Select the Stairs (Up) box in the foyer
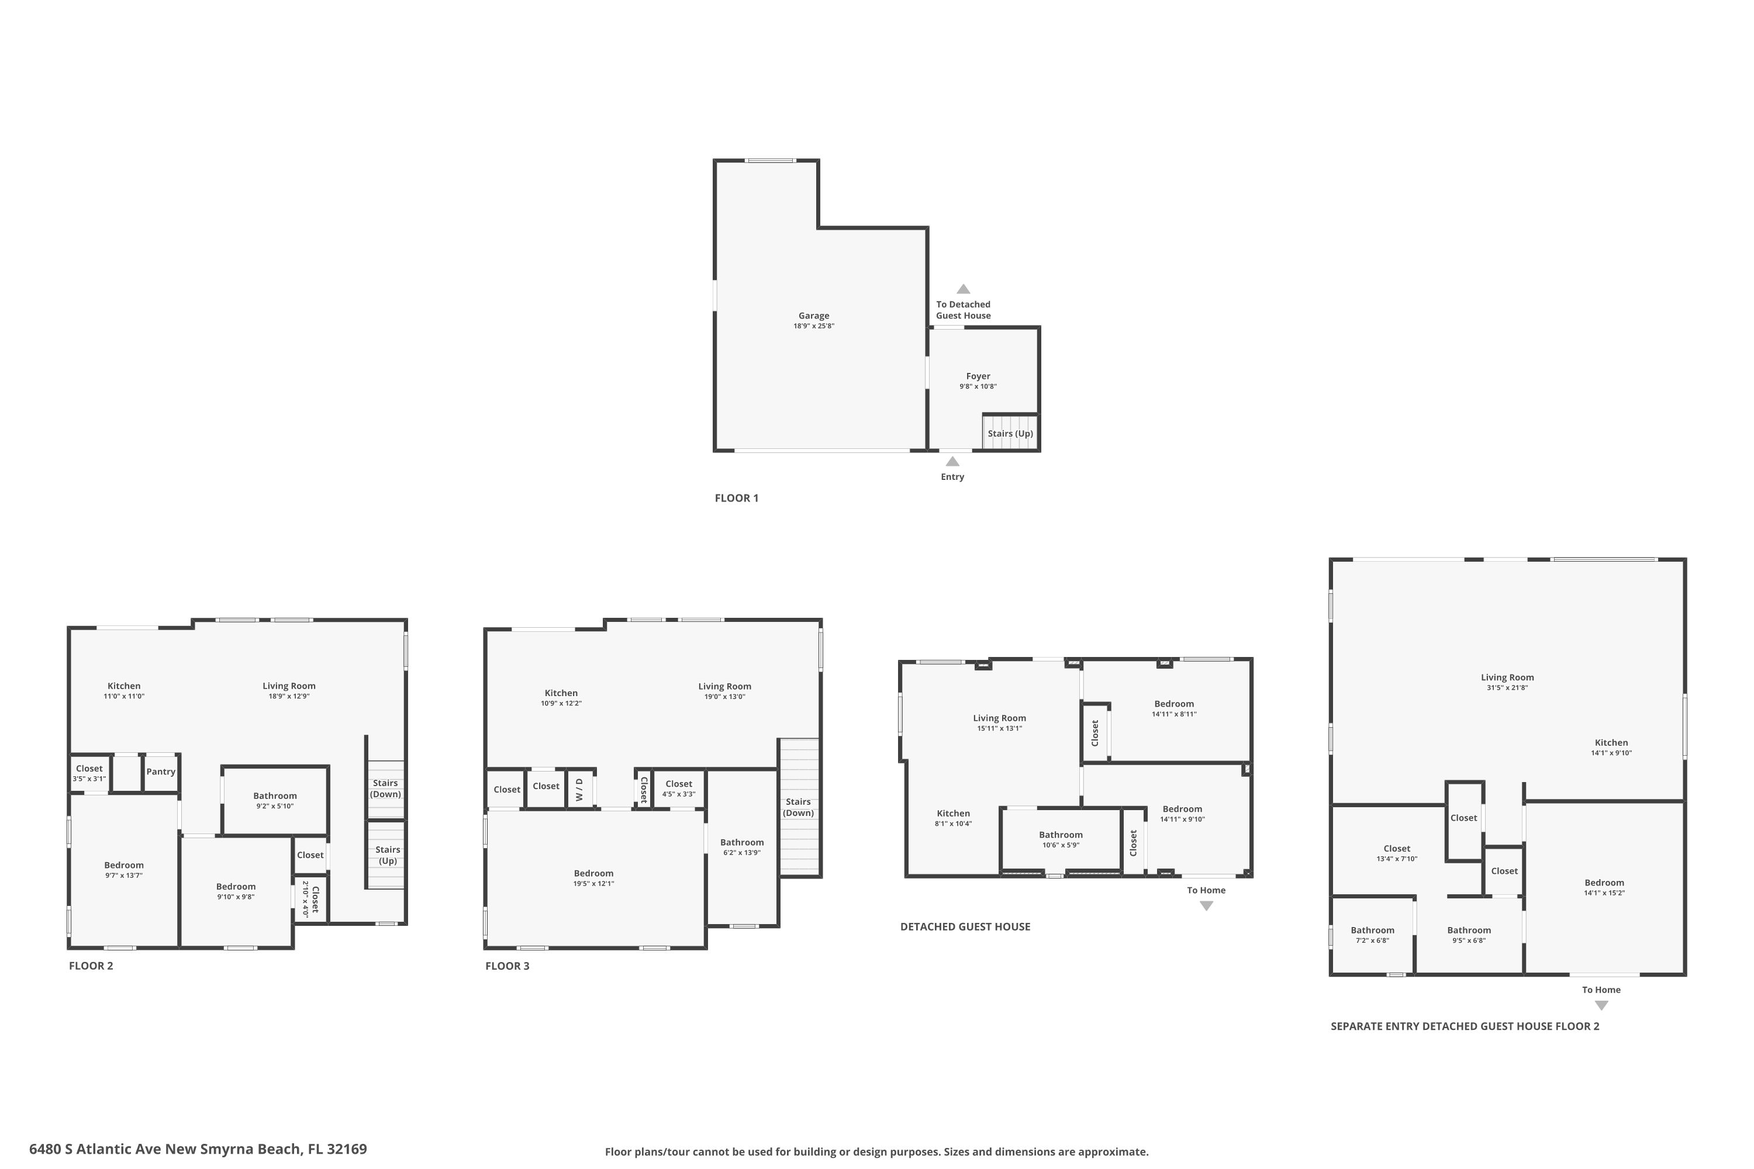1010,433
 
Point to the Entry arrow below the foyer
952,462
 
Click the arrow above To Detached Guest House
964,289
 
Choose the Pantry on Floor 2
160,772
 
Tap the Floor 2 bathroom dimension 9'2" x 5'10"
275,806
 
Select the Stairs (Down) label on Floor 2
385,788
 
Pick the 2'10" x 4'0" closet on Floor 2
310,900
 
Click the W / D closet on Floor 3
579,788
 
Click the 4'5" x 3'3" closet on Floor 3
679,788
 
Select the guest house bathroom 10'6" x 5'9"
1061,839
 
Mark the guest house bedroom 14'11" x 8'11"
1174,708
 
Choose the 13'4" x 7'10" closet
1397,853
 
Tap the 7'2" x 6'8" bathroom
1372,935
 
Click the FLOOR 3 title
507,966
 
